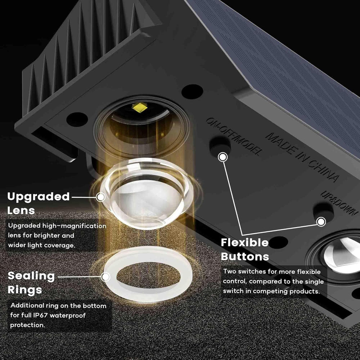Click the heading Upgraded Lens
[x=39, y=203]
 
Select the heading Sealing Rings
[x=31, y=283]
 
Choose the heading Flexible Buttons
[x=245, y=249]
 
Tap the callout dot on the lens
[x=101, y=197]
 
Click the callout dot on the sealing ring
[x=105, y=277]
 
